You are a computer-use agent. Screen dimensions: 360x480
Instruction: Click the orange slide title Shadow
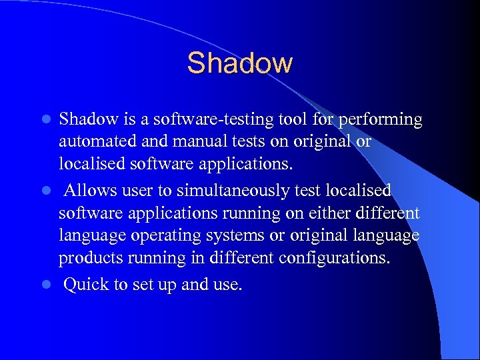click(x=239, y=63)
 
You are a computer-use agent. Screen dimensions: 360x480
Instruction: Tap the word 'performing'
click(x=380, y=120)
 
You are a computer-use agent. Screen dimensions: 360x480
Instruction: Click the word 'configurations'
click(x=331, y=258)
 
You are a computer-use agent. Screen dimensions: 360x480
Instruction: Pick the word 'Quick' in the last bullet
click(x=87, y=285)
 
